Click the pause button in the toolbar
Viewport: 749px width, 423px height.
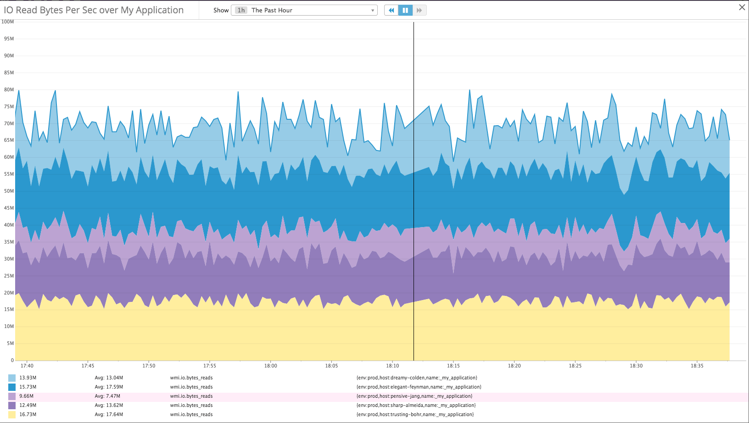point(405,10)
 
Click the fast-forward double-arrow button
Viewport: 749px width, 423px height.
point(419,10)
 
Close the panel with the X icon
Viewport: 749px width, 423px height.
point(742,7)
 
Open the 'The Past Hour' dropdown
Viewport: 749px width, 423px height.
point(305,10)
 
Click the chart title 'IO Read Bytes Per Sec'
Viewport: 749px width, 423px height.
point(94,10)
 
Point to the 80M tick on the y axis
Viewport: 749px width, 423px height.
point(9,89)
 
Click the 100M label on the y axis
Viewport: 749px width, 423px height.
point(8,22)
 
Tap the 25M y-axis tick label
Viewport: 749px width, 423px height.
point(9,276)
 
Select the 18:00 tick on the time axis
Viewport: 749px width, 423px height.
point(270,366)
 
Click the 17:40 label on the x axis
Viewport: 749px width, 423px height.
point(27,366)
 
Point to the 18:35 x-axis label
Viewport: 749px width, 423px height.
point(697,366)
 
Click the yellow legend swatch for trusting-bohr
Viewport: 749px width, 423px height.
point(12,414)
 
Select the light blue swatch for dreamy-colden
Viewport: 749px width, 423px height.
point(12,378)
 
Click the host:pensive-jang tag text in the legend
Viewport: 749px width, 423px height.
point(414,396)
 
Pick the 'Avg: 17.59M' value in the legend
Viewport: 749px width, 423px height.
point(109,387)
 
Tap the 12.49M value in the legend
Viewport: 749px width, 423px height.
point(28,405)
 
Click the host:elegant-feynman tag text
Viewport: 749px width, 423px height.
point(419,387)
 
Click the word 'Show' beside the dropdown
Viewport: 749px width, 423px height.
point(221,10)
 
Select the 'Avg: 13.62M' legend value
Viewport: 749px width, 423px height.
point(109,405)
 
